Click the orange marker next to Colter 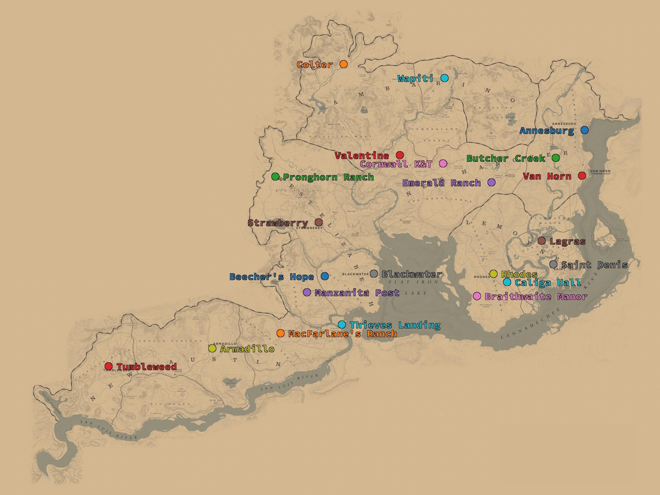(344, 64)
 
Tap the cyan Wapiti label (415, 78)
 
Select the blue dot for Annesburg (585, 130)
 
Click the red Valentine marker (400, 155)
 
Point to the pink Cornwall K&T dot (443, 163)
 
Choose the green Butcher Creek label (506, 158)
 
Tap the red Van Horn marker (582, 176)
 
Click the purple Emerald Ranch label (442, 183)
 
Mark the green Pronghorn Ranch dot (275, 177)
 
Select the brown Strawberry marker (318, 222)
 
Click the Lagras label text (568, 241)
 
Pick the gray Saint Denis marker (553, 264)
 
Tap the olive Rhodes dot (493, 274)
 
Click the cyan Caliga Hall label (548, 283)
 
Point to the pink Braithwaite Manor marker (477, 296)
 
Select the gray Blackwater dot (374, 274)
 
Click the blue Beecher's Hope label (272, 277)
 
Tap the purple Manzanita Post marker (307, 292)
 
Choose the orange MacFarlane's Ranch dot (280, 333)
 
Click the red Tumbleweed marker (109, 366)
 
